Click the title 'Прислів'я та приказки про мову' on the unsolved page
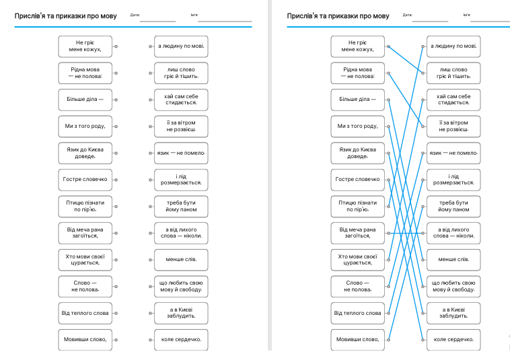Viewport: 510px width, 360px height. tap(65, 16)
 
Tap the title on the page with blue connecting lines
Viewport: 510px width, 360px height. tap(338, 16)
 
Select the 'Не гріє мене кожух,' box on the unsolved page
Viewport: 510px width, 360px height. tap(85, 46)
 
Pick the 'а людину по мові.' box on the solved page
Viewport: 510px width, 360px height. tap(453, 46)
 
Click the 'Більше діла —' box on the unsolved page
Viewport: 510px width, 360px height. tap(85, 100)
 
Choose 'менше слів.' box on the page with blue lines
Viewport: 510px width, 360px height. tap(453, 260)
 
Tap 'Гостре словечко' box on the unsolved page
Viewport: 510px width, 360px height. tap(85, 180)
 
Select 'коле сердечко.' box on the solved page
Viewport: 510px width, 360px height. tap(453, 340)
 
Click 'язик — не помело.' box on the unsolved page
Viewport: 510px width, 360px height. tap(181, 153)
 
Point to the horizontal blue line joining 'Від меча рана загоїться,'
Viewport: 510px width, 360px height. tap(406, 233)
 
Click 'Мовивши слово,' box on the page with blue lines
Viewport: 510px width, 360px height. tap(358, 340)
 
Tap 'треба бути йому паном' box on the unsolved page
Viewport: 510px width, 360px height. tap(181, 207)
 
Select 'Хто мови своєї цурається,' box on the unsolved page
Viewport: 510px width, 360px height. tap(85, 260)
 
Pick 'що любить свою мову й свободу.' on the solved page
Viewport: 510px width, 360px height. tap(453, 287)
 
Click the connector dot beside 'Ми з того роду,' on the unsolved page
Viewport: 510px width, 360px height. tap(116, 127)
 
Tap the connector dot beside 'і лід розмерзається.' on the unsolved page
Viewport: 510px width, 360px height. tap(150, 180)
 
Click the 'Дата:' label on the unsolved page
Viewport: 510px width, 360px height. tap(135, 15)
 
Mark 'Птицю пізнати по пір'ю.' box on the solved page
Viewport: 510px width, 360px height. tap(358, 207)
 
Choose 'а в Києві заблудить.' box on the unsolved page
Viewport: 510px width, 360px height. tap(181, 313)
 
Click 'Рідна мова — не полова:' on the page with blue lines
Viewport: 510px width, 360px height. tap(358, 73)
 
